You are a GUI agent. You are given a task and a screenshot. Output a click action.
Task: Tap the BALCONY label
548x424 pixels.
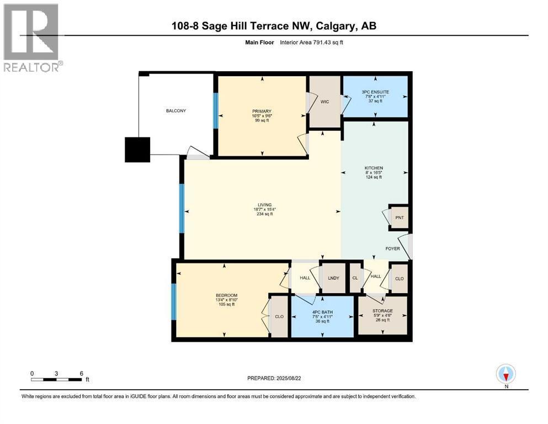click(x=176, y=111)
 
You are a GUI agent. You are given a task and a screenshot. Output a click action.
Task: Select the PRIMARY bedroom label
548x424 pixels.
click(x=262, y=112)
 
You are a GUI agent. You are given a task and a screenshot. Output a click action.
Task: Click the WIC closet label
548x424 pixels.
click(x=324, y=102)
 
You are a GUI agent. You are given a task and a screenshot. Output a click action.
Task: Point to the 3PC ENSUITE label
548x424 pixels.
click(x=375, y=92)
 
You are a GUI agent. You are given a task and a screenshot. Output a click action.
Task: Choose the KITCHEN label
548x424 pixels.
click(x=374, y=168)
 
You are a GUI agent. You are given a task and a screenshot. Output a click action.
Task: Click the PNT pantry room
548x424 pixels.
click(x=399, y=218)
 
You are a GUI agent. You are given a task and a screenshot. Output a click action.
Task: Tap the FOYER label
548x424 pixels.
click(x=392, y=248)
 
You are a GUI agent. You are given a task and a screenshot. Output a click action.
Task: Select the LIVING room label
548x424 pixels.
click(x=264, y=205)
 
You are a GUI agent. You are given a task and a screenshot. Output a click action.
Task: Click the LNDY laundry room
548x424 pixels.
click(x=333, y=277)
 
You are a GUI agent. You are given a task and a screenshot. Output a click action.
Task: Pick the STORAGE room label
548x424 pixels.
click(x=382, y=311)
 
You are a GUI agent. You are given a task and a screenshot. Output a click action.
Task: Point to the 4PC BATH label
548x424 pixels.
click(x=322, y=312)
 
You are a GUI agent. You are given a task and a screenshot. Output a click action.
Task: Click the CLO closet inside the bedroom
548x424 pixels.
click(x=279, y=317)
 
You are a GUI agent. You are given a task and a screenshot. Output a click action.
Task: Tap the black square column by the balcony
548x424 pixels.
click(x=137, y=150)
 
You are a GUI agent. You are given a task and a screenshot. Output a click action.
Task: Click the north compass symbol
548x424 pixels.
click(x=506, y=374)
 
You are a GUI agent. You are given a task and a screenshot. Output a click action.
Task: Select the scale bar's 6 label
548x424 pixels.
click(x=82, y=373)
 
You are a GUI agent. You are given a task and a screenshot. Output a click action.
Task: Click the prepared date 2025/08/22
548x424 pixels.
click(x=288, y=378)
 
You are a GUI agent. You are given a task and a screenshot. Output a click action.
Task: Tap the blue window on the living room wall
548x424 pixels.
click(x=182, y=208)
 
